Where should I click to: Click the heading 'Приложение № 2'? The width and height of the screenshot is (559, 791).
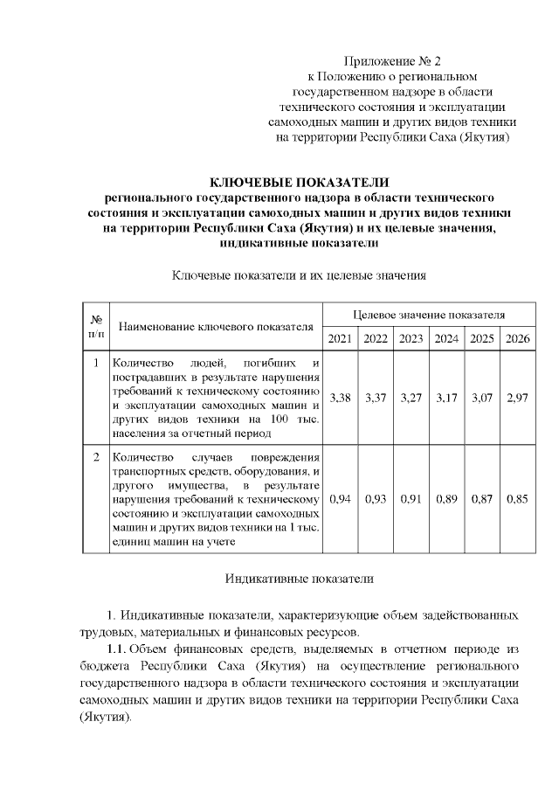pos(393,61)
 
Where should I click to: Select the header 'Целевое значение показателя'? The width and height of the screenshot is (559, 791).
pos(429,313)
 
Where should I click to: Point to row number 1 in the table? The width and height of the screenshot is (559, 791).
pos(94,362)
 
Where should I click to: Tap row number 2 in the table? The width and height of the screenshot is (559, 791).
pos(94,456)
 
